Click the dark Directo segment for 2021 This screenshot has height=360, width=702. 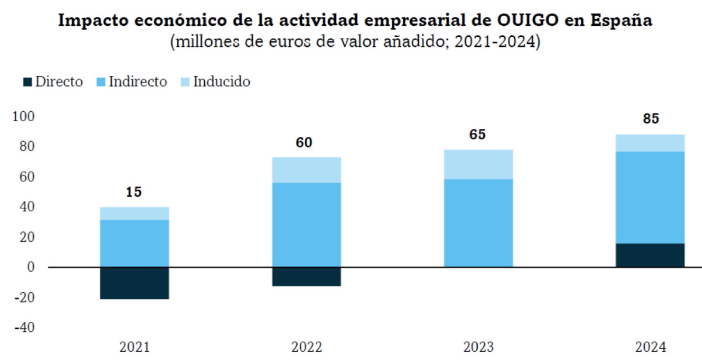(135, 283)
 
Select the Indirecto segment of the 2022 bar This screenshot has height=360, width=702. (307, 225)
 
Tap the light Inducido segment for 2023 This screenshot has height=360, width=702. (479, 164)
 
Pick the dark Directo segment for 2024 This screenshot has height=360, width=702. (651, 255)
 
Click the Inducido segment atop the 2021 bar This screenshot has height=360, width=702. (135, 214)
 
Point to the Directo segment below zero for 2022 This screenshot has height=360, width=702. (307, 276)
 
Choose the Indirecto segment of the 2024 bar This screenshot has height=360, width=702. (651, 197)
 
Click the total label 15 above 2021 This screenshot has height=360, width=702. (135, 192)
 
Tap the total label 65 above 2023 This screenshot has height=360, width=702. (477, 135)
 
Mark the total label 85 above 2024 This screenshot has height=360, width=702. (651, 119)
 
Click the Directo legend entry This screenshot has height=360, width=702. (53, 82)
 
